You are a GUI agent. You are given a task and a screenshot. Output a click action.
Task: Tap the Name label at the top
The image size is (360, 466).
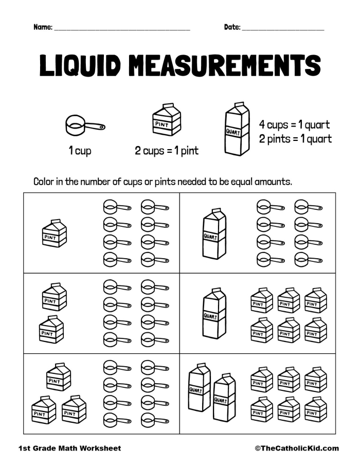click(x=43, y=27)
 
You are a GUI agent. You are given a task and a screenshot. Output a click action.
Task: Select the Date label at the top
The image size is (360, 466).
click(x=232, y=27)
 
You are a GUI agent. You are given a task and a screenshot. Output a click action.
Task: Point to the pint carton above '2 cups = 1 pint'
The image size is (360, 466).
click(x=167, y=120)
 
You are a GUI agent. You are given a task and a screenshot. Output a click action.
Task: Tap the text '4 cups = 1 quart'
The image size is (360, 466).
click(x=294, y=125)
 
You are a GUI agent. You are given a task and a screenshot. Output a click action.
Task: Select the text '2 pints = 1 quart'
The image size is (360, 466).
click(x=295, y=139)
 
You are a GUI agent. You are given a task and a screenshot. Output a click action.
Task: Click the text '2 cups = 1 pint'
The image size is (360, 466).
click(x=167, y=151)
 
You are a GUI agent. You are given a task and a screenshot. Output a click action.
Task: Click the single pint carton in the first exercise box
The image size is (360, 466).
click(x=54, y=234)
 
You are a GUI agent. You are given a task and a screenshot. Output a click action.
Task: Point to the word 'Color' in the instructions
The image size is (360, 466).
click(x=45, y=182)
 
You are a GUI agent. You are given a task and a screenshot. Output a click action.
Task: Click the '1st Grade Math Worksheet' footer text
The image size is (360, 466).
click(x=69, y=449)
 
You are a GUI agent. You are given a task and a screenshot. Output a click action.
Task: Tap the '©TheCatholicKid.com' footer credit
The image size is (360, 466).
click(x=297, y=449)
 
